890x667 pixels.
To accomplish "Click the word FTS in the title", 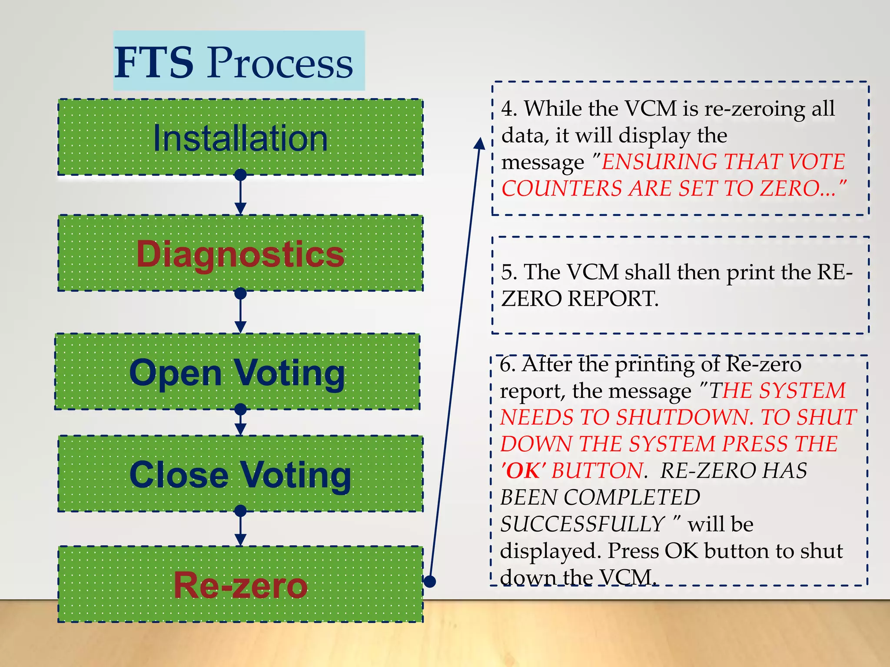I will [x=154, y=63].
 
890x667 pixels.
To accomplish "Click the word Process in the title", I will [x=280, y=63].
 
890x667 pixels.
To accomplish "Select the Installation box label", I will [x=240, y=139].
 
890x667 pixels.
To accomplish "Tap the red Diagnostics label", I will [x=240, y=254].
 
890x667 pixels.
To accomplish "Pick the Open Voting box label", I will [x=237, y=373].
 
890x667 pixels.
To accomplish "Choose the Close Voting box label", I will [x=240, y=475].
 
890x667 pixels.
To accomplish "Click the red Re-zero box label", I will [x=240, y=585].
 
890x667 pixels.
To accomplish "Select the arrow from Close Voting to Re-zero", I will [x=240, y=529].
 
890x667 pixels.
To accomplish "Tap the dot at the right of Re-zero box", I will [x=429, y=581].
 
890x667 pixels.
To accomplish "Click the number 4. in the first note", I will [x=509, y=109].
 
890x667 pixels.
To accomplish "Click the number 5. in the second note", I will [x=509, y=272].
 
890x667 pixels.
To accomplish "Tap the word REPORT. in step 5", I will [x=613, y=299].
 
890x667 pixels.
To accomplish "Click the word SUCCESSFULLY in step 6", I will [x=582, y=524].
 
